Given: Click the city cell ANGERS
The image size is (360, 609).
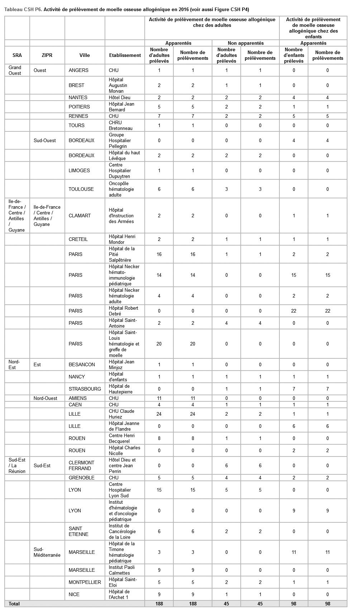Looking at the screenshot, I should [x=78, y=70].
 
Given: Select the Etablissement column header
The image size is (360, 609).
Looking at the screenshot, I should [x=125, y=55].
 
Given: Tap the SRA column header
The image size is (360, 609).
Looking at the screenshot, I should [x=17, y=55].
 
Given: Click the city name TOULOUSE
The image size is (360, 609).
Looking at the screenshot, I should [x=81, y=189].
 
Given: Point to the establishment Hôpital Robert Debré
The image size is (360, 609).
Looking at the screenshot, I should [x=123, y=311].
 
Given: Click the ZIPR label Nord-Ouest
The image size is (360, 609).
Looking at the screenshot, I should [x=45, y=398].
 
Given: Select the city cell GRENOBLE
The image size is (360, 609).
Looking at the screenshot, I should [x=81, y=478].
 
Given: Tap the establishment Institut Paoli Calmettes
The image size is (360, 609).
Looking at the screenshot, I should [x=122, y=570].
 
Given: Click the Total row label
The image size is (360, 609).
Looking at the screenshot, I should [x=14, y=604].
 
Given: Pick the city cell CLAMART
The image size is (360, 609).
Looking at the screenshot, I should [x=80, y=216].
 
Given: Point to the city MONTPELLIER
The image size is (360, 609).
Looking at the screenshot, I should [x=85, y=582].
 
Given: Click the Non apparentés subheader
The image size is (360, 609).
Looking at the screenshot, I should [x=245, y=43].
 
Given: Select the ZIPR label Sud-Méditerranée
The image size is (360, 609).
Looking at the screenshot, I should [x=47, y=552].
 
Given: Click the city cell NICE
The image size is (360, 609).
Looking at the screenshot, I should [x=74, y=594].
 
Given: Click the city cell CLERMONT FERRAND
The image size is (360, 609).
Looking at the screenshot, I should [x=81, y=465].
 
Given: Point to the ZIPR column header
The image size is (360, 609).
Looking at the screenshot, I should [x=47, y=55].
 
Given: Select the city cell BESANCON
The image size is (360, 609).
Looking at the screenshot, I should [x=82, y=364].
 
